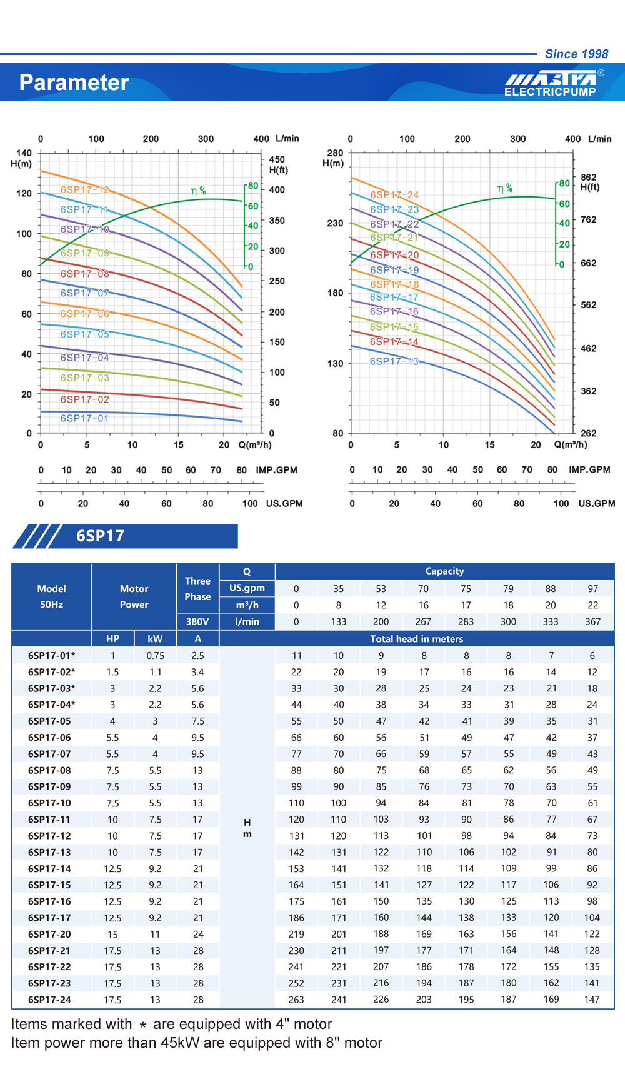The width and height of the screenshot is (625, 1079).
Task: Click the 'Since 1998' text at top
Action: (576, 54)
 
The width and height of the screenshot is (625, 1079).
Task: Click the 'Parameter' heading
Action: (74, 83)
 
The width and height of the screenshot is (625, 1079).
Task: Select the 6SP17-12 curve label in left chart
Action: (85, 189)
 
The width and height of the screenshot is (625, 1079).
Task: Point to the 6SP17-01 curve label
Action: (84, 418)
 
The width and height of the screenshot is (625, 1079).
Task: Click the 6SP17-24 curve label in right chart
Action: (394, 194)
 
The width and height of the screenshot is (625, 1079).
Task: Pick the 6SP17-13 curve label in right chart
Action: (394, 361)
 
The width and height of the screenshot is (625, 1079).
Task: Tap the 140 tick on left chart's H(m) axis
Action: (24, 153)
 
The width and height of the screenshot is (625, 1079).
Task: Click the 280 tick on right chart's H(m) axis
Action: (335, 153)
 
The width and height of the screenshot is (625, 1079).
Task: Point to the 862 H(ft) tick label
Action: (588, 177)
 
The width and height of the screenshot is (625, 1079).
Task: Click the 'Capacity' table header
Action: (444, 571)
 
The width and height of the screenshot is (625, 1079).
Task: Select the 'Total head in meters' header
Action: (416, 639)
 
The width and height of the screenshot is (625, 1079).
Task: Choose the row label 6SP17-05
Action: (49, 721)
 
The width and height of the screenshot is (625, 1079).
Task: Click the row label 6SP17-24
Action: (49, 1000)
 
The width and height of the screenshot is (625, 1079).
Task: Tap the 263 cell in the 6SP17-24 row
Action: (296, 1000)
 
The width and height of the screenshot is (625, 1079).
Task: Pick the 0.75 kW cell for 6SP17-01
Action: (155, 655)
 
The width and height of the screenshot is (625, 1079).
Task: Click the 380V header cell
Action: (197, 621)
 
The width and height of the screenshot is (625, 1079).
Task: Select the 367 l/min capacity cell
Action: (592, 621)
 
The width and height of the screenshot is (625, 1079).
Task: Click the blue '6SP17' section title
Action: (100, 536)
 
